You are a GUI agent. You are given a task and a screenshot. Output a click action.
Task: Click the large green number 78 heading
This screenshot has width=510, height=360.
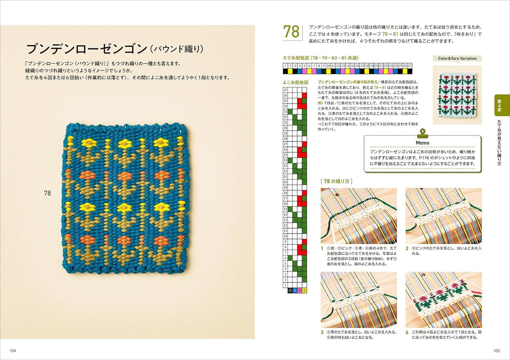click(291, 32)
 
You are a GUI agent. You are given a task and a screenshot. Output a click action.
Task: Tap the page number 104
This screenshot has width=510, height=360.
click(13, 351)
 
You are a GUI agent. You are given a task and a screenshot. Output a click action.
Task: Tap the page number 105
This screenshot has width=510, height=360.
click(497, 351)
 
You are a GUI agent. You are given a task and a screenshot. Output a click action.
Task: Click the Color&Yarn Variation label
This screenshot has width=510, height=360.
click(457, 58)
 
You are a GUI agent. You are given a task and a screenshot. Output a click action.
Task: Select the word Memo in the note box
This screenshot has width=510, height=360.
click(422, 143)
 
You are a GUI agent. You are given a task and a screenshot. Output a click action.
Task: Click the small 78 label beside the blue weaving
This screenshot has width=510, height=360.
click(47, 193)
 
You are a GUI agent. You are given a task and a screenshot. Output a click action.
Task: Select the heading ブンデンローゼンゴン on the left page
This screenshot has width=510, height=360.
click(86, 49)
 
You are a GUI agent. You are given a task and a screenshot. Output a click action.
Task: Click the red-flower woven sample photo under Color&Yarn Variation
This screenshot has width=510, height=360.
click(457, 94)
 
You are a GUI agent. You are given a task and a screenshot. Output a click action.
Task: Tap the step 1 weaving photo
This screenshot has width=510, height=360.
click(358, 216)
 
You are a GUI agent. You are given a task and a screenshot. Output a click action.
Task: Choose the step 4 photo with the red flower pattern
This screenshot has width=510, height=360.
click(443, 300)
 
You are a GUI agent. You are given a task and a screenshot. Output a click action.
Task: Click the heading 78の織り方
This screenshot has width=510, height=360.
click(336, 181)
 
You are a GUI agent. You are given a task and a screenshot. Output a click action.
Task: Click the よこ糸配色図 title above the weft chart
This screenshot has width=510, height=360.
click(295, 82)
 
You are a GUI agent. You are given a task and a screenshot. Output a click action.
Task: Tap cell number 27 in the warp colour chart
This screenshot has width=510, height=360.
click(410, 66)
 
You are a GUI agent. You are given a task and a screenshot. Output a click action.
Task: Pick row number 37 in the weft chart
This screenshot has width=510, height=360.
click(285, 90)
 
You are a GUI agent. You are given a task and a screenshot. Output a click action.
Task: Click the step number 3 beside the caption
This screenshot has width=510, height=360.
click(322, 332)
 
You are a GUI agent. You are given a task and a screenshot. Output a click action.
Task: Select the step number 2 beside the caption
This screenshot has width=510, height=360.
click(407, 248)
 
